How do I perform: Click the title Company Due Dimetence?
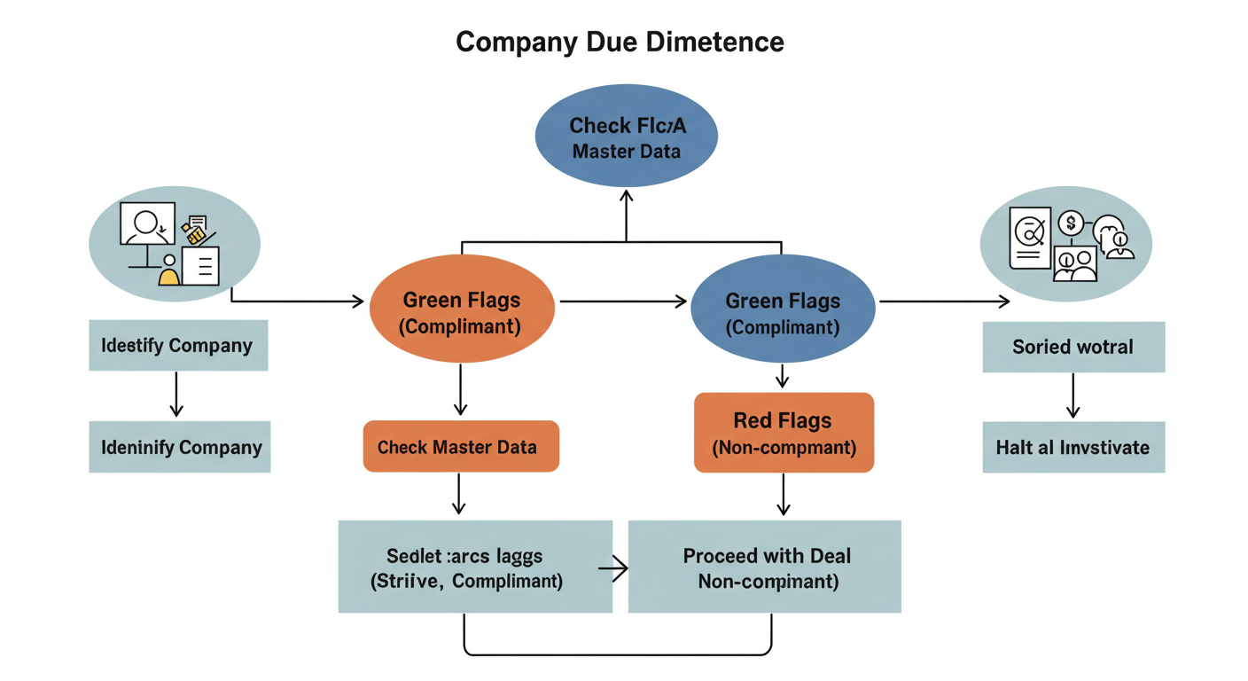(620, 42)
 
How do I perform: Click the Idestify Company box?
(178, 346)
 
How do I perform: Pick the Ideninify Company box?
(180, 447)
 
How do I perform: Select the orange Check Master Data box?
(461, 447)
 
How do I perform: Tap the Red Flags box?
(784, 433)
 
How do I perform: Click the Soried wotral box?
(1073, 347)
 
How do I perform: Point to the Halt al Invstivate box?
(1073, 447)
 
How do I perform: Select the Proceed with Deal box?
(765, 567)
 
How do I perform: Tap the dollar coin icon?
(1071, 223)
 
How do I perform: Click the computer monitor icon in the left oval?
(145, 226)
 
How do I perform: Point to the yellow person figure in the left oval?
(168, 271)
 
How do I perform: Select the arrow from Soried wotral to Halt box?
(1073, 395)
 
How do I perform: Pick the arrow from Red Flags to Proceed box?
(784, 494)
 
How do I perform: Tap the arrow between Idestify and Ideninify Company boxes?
(176, 395)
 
